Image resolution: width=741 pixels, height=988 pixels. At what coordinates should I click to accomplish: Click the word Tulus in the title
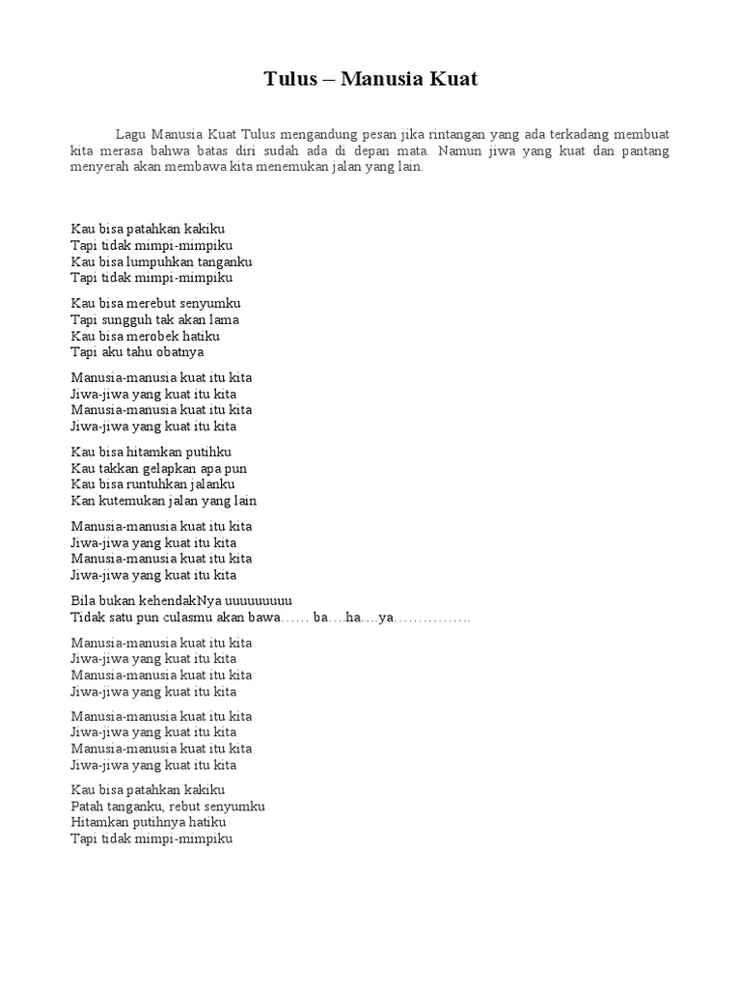290,79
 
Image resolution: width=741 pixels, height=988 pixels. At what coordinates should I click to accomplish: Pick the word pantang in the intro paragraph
645,151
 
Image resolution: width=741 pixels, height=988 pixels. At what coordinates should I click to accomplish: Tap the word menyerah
101,168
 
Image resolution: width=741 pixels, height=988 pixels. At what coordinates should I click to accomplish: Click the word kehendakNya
173,600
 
